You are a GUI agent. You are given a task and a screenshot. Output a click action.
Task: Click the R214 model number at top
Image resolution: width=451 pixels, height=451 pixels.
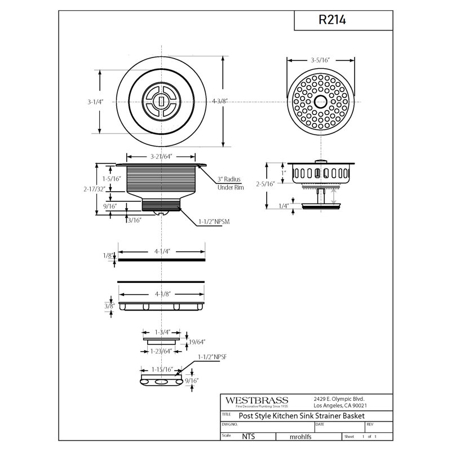click(332, 20)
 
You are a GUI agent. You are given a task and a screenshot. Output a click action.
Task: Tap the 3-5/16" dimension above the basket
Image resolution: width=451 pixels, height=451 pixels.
click(320, 60)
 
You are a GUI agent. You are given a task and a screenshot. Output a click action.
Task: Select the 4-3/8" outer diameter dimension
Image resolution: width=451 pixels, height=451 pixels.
click(220, 101)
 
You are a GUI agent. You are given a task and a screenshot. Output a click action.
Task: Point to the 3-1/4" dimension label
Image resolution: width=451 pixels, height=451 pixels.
click(95, 102)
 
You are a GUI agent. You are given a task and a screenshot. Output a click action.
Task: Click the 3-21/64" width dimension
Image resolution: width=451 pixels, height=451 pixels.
click(161, 157)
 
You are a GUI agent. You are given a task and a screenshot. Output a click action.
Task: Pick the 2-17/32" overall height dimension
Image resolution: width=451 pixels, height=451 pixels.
click(94, 189)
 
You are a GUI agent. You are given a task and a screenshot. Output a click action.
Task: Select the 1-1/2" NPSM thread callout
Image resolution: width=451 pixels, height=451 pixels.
click(214, 222)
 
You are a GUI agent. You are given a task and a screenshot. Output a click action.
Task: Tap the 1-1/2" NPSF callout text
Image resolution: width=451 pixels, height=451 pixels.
click(213, 357)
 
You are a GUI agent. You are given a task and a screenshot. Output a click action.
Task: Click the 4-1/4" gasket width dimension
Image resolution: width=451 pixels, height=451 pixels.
click(162, 251)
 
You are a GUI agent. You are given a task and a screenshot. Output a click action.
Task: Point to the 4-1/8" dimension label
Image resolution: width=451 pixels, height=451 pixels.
click(163, 294)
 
